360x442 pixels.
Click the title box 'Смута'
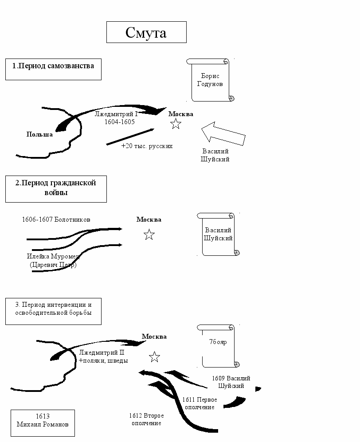point(146,32)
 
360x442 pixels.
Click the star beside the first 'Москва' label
point(176,124)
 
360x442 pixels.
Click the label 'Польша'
point(39,134)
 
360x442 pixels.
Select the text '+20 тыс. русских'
point(147,145)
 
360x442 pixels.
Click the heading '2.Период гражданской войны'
point(56,188)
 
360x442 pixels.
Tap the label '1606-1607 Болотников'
point(56,219)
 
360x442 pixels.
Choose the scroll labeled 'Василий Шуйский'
point(218,235)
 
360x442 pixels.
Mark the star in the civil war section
point(149,235)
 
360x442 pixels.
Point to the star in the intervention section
point(154,357)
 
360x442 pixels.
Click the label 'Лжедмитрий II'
point(102,353)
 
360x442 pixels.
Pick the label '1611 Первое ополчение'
point(200,403)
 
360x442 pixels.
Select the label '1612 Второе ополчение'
point(147,419)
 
